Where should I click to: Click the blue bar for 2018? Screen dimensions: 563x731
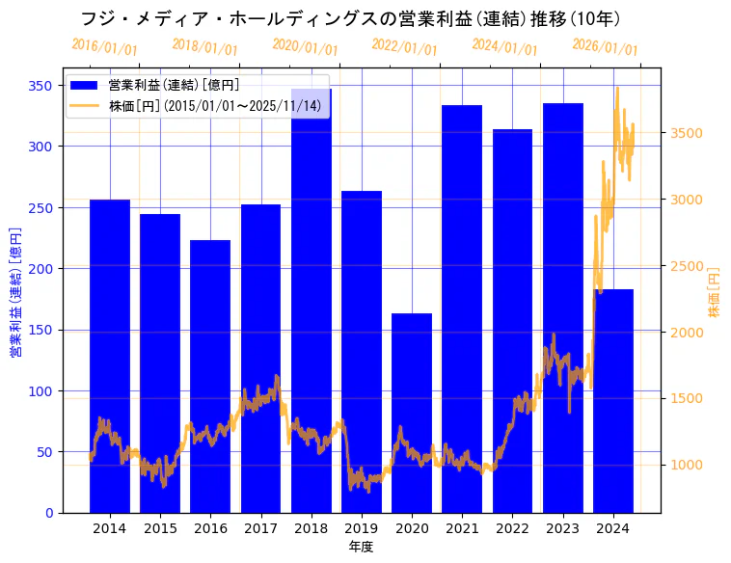click(x=311, y=299)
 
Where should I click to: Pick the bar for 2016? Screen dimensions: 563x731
click(x=210, y=376)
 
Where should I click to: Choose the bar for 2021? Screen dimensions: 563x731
click(x=462, y=308)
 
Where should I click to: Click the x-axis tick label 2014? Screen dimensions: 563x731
click(x=109, y=528)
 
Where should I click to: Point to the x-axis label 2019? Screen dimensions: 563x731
click(x=362, y=528)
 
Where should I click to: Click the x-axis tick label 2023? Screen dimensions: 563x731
click(x=563, y=528)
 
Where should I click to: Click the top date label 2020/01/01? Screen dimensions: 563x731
click(x=305, y=47)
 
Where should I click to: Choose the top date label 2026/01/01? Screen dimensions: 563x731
click(x=605, y=47)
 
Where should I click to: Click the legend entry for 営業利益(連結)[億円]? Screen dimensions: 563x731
click(x=174, y=86)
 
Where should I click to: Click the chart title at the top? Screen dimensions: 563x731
click(x=350, y=19)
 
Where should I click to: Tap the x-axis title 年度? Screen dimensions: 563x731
click(x=361, y=547)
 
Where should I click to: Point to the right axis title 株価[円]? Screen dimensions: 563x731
click(x=715, y=292)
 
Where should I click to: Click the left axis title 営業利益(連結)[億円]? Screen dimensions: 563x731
click(x=15, y=292)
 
